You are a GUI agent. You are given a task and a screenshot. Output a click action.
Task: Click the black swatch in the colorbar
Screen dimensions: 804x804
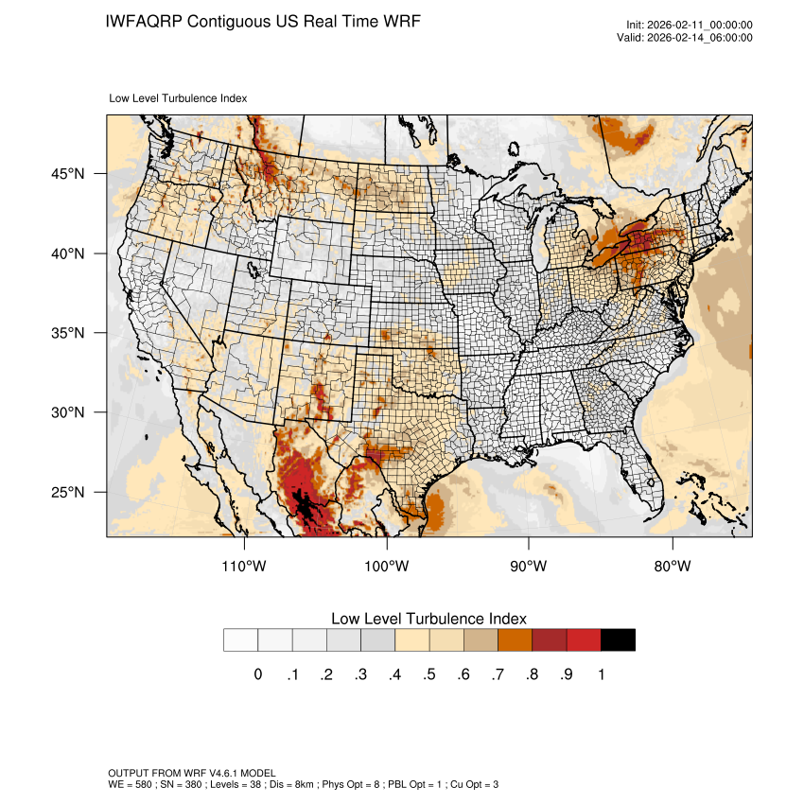point(618,640)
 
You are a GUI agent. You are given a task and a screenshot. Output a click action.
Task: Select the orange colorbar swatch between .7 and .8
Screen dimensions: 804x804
point(515,640)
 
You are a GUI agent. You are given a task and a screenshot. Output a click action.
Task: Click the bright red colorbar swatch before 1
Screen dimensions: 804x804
point(584,640)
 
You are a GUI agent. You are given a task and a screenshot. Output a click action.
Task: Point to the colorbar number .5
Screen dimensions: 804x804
point(429,674)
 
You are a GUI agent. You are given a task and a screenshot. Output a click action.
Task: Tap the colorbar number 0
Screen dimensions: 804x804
point(257,674)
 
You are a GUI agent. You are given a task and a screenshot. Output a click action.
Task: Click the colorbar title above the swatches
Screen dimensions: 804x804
point(428,619)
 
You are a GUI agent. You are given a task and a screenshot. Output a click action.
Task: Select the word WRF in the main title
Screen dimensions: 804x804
point(397,21)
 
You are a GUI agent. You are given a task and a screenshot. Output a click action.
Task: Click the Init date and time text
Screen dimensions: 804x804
point(690,25)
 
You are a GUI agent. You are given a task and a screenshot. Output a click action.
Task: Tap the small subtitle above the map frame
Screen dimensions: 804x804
point(178,97)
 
